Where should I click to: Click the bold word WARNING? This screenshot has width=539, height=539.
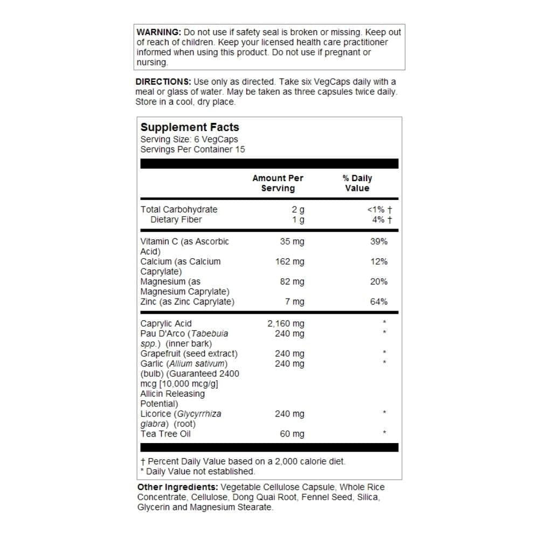tap(159, 32)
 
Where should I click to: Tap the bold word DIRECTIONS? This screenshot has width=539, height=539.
tap(163, 82)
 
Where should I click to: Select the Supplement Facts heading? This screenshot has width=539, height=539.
tap(190, 127)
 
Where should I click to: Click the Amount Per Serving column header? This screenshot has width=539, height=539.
tap(278, 183)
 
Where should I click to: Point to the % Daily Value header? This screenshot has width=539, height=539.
tap(357, 183)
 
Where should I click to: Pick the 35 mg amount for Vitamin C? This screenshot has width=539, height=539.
tap(292, 241)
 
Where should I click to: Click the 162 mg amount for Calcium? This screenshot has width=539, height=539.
tap(290, 261)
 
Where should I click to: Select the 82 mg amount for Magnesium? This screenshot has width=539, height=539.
tap(292, 281)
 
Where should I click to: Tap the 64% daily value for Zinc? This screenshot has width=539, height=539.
tap(378, 302)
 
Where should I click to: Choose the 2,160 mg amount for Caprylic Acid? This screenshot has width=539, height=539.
tap(286, 323)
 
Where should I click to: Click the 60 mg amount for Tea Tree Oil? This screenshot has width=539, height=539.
tap(292, 434)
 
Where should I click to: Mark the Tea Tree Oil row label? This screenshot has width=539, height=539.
tap(165, 434)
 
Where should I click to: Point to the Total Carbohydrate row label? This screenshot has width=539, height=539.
tap(179, 209)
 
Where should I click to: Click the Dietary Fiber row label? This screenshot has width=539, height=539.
tap(176, 219)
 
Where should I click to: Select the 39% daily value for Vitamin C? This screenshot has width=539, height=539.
tap(378, 241)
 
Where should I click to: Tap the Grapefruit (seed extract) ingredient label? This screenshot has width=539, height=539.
tap(189, 354)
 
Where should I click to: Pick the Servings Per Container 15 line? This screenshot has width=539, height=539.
tap(192, 149)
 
